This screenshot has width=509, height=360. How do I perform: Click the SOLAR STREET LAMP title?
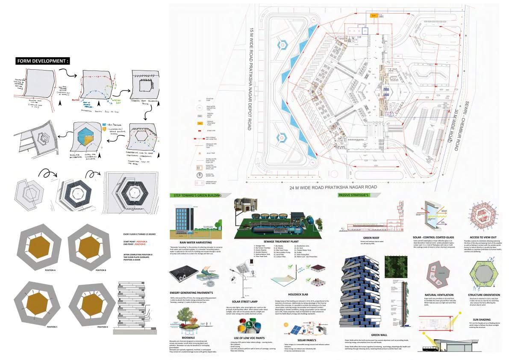click(x=243, y=302)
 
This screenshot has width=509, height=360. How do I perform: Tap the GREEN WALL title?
click(x=379, y=335)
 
